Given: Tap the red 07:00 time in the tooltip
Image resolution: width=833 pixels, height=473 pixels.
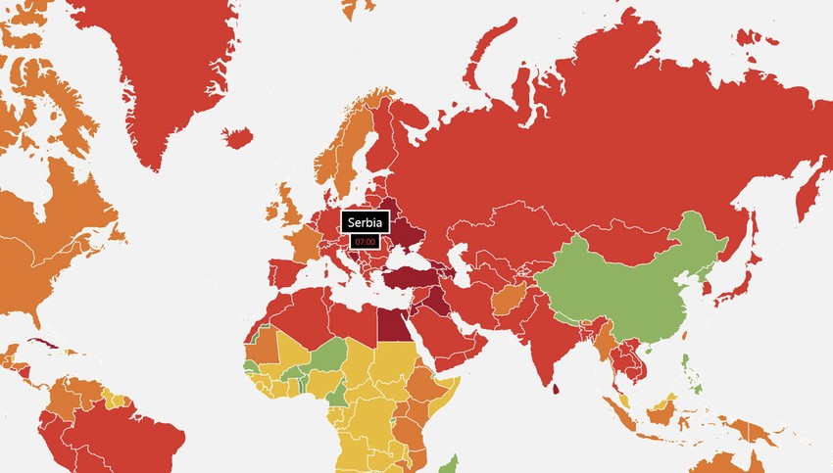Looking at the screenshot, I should click(366, 241).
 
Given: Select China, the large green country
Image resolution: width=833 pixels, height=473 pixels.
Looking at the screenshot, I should click(627, 284).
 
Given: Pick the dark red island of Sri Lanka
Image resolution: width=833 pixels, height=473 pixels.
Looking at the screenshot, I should click(557, 391).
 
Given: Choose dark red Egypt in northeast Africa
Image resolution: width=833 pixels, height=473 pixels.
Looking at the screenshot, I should click(394, 324).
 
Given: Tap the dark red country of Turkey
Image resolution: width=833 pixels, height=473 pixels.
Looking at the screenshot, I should click(408, 277).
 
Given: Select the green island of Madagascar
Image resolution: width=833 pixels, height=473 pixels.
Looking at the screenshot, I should click(452, 464).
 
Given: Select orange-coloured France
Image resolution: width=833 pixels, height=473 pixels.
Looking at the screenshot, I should click(304, 245).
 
